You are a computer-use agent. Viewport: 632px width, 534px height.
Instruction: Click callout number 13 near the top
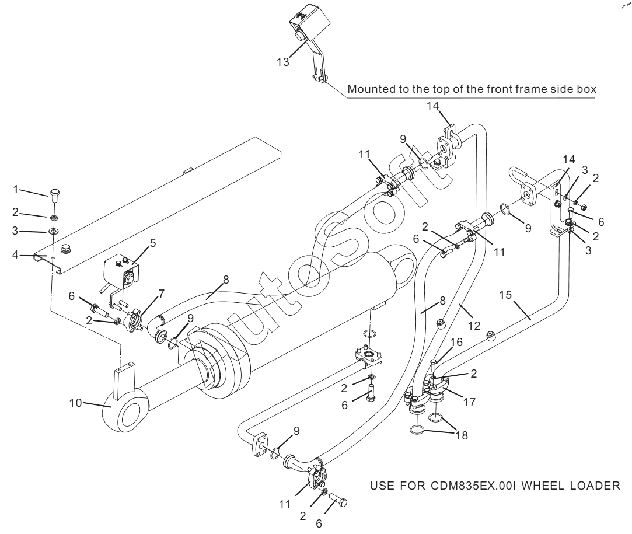click(282, 63)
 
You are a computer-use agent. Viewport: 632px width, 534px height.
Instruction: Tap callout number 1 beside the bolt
click(18, 189)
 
